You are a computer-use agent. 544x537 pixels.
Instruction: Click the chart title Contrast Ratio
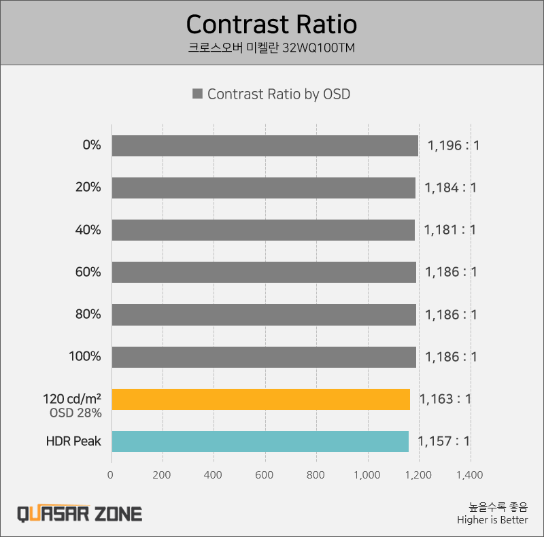271,24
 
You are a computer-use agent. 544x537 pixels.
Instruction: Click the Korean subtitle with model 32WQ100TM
271,48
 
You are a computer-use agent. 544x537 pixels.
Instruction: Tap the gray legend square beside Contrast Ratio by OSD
198,94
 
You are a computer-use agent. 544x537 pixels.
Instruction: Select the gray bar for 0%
265,145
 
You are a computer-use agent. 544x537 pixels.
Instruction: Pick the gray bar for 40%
263,230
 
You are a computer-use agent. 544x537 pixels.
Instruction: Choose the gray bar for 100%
264,357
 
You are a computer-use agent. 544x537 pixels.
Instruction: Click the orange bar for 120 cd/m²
260,399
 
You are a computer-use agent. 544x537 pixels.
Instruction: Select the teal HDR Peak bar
260,441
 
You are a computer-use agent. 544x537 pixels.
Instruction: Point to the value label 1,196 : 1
453,145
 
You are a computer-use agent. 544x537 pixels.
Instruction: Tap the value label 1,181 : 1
450,230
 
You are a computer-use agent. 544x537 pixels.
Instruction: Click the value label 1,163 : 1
445,399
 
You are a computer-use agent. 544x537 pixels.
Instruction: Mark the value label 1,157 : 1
443,441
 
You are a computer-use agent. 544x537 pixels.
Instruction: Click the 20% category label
88,188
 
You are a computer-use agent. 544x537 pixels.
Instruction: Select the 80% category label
88,314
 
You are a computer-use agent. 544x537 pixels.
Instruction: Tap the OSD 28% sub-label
75,413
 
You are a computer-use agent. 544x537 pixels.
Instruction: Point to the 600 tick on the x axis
265,475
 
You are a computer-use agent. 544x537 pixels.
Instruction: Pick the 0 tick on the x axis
111,475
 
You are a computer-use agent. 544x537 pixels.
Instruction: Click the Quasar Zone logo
80,513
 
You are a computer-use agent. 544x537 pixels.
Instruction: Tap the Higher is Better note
492,521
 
